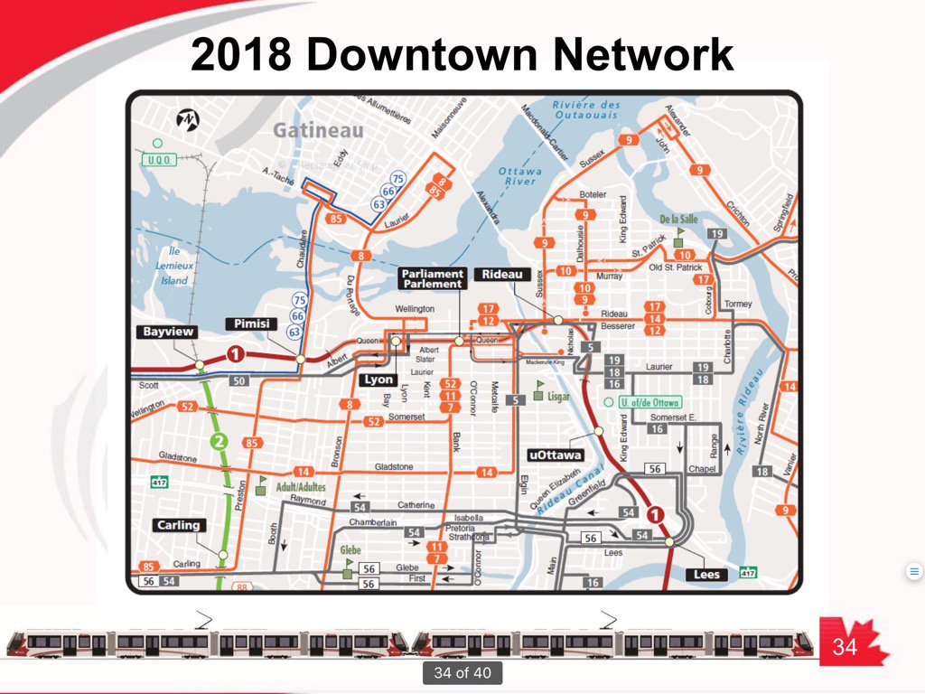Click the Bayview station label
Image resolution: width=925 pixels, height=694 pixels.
[x=168, y=333]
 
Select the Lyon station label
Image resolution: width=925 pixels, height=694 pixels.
[x=378, y=380]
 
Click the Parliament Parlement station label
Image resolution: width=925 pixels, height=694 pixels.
[x=432, y=278]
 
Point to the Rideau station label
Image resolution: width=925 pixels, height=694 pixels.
[x=500, y=275]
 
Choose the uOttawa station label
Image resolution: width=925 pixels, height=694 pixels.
[x=555, y=455]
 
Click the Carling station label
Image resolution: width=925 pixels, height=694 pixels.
[x=177, y=525]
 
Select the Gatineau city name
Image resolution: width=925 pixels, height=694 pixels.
[x=318, y=130]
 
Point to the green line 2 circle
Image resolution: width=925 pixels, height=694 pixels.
[x=218, y=442]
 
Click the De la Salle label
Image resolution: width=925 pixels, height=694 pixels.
[x=680, y=220]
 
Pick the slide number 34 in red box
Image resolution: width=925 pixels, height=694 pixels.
[x=844, y=646]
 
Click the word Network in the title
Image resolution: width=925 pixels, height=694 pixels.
[x=643, y=56]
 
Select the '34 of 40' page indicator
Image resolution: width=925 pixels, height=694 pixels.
[x=462, y=672]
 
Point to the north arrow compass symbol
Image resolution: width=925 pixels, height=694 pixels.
[x=189, y=118]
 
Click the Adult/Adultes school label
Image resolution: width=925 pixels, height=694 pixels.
[x=301, y=487]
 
